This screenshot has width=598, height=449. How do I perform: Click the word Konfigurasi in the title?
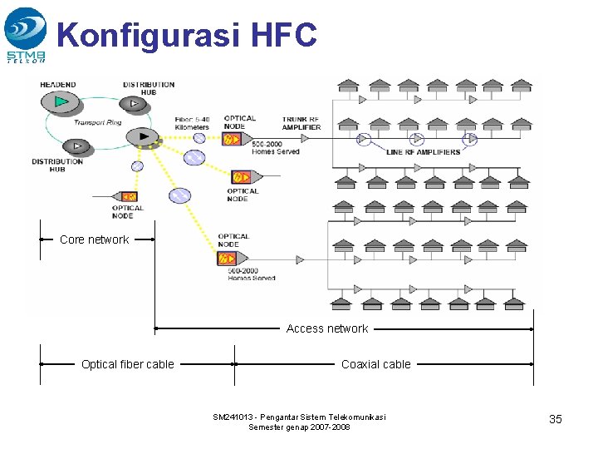coord(148,36)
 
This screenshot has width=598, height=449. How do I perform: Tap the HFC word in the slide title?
coord(282,36)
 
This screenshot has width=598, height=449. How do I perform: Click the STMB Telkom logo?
coord(25,34)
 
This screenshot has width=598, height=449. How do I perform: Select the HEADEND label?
coord(58,85)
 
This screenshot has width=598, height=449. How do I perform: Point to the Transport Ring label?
coord(97,122)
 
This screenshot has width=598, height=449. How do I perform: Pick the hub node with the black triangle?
coord(145,136)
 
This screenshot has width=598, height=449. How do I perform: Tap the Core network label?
coord(94,239)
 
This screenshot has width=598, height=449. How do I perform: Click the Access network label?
coord(326,328)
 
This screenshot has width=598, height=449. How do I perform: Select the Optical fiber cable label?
coord(127,363)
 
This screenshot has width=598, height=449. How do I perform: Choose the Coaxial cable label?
coord(375,363)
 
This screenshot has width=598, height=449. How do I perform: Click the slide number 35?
coord(556,419)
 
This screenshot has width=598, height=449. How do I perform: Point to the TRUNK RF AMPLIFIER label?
coord(301,123)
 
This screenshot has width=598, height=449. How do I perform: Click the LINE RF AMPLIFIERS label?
coord(423,152)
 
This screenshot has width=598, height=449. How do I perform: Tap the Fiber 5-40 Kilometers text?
coord(192,123)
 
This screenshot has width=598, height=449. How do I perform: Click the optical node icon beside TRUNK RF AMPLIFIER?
coord(233,138)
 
